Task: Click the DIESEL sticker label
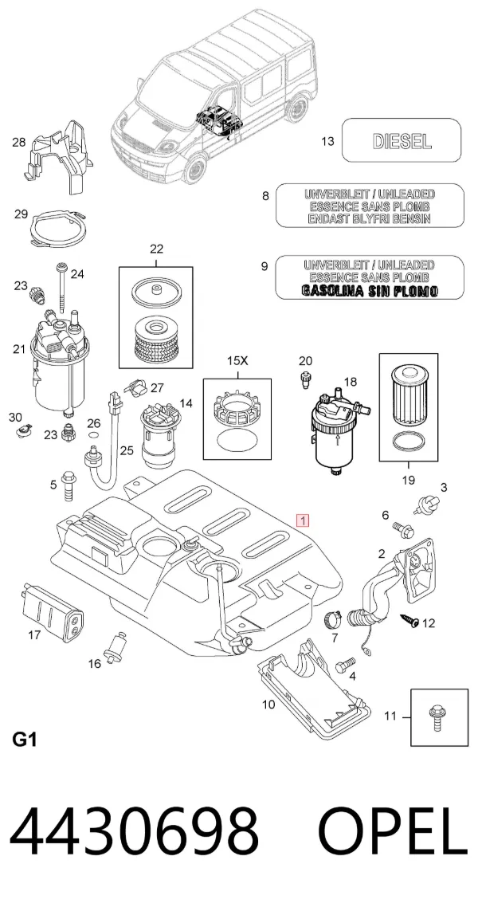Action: click(x=402, y=140)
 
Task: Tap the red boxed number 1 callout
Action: click(x=303, y=520)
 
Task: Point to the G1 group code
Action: click(x=24, y=740)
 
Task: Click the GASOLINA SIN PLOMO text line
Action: click(x=370, y=291)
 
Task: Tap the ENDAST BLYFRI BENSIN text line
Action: click(x=370, y=218)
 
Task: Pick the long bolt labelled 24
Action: click(x=61, y=287)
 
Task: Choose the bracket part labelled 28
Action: click(x=58, y=157)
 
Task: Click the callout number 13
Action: click(x=327, y=141)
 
